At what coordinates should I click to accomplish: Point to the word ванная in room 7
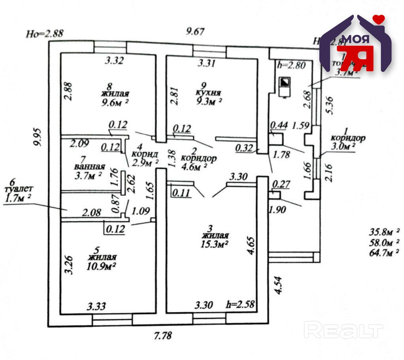click(x=90, y=166)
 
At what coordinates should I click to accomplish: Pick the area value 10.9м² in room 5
click(x=101, y=266)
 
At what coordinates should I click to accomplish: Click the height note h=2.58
click(x=240, y=304)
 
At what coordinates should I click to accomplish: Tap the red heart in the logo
click(x=380, y=18)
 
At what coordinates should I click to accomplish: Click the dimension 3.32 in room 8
click(x=114, y=61)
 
